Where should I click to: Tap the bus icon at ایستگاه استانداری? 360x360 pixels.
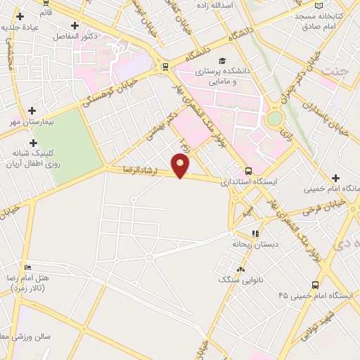(x=248, y=170)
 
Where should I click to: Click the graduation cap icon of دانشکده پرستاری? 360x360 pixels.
(x=223, y=60)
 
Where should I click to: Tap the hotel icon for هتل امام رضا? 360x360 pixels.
(x=27, y=268)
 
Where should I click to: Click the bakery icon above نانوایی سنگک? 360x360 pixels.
(x=242, y=269)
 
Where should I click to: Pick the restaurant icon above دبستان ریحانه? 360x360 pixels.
(x=256, y=233)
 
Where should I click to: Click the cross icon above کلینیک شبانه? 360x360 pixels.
(x=33, y=142)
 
